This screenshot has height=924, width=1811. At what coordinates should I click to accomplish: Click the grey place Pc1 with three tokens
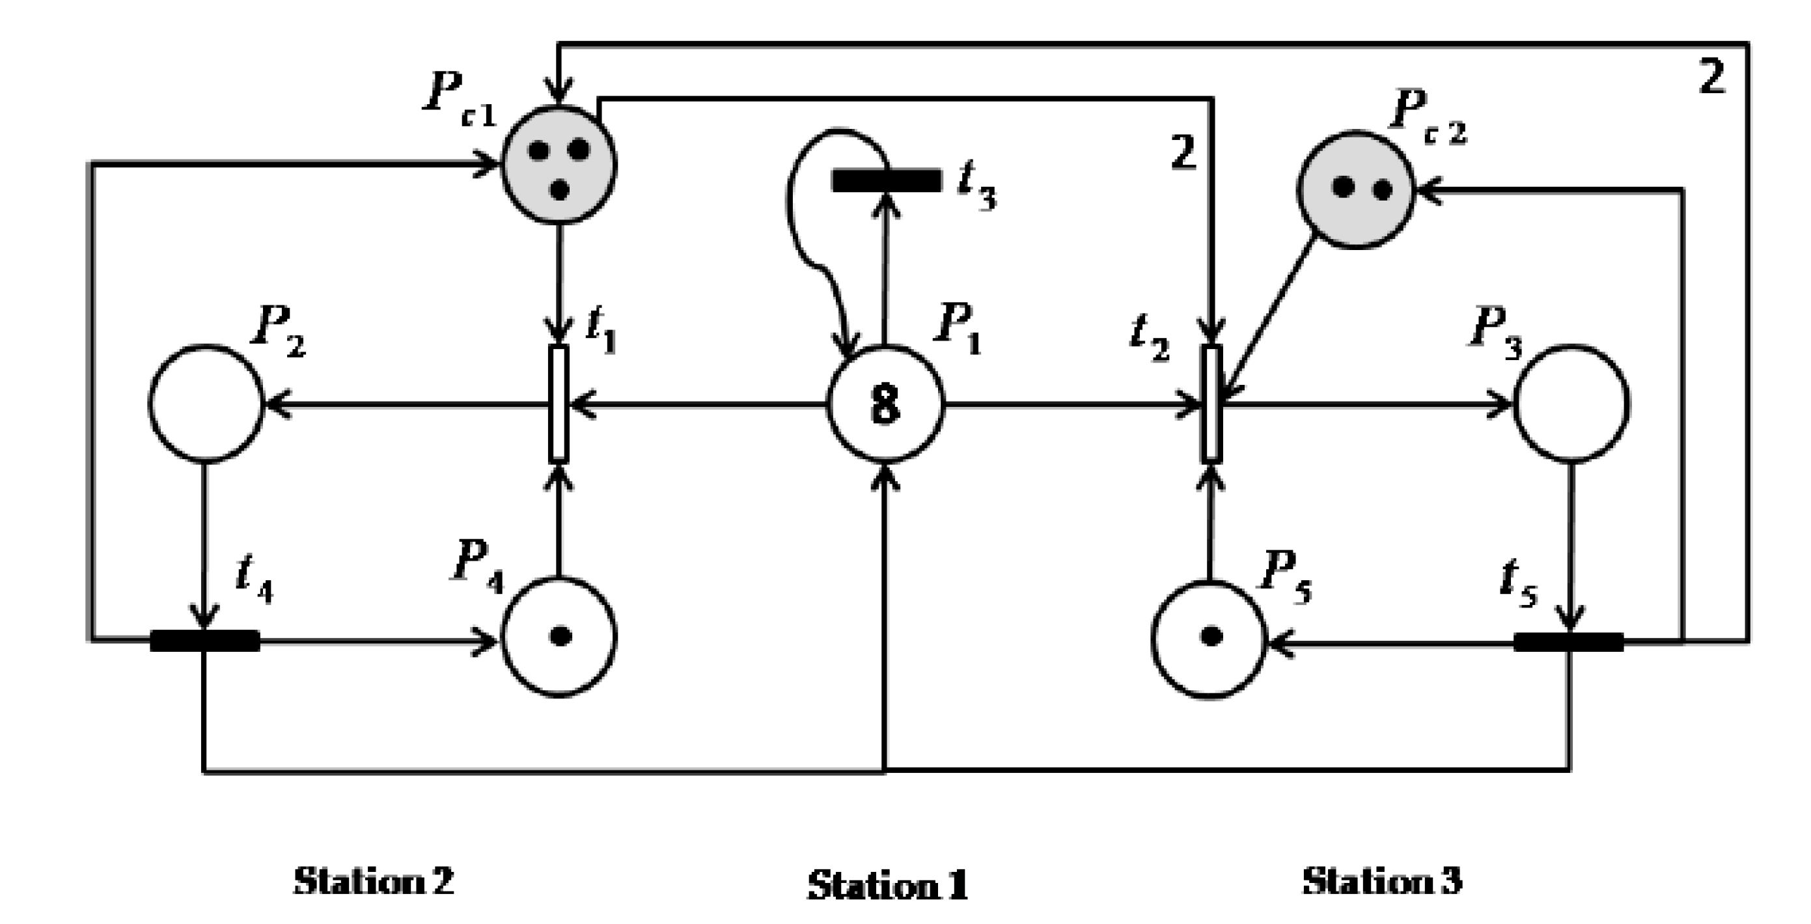tap(559, 166)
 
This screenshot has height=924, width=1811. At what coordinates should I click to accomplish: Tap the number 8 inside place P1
tap(885, 405)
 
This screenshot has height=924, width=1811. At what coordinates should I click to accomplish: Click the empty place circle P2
tap(206, 404)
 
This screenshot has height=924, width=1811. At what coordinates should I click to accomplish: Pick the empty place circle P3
tap(1571, 404)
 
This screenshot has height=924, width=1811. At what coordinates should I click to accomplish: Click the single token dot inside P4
tap(560, 636)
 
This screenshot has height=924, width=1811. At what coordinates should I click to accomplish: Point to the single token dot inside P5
tap(1211, 636)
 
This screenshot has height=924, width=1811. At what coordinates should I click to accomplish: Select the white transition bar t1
tap(559, 404)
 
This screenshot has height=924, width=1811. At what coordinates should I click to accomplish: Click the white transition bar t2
tap(1211, 404)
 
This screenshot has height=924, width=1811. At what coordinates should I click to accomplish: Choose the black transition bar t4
tap(204, 641)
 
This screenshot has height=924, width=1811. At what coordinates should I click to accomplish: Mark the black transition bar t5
tap(1568, 642)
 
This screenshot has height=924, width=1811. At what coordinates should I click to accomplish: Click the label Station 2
tap(373, 880)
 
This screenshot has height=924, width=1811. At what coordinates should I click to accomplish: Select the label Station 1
tap(887, 885)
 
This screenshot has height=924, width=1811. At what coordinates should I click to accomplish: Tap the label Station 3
tap(1382, 880)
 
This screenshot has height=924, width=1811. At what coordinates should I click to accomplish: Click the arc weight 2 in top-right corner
tap(1712, 77)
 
